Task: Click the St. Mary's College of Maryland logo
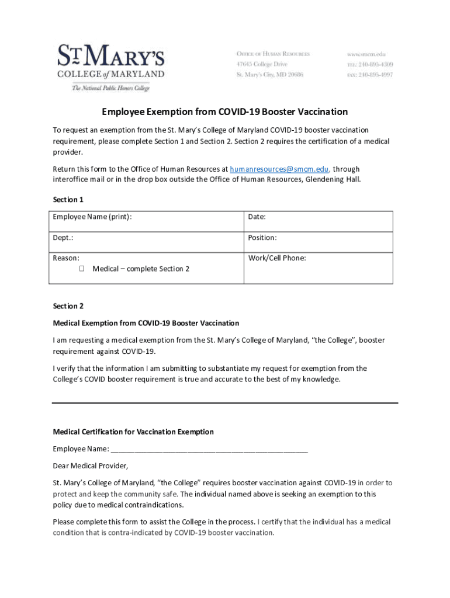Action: [110, 64]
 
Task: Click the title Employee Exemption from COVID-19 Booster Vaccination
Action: [225, 112]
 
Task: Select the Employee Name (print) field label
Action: [92, 217]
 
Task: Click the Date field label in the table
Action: [257, 217]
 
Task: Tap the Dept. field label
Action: [63, 238]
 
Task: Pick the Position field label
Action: [262, 238]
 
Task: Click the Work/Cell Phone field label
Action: [277, 258]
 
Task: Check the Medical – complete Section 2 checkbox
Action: [81, 269]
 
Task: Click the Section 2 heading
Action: [68, 306]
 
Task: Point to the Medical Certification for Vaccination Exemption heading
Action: [133, 432]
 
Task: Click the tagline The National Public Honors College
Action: [110, 88]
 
